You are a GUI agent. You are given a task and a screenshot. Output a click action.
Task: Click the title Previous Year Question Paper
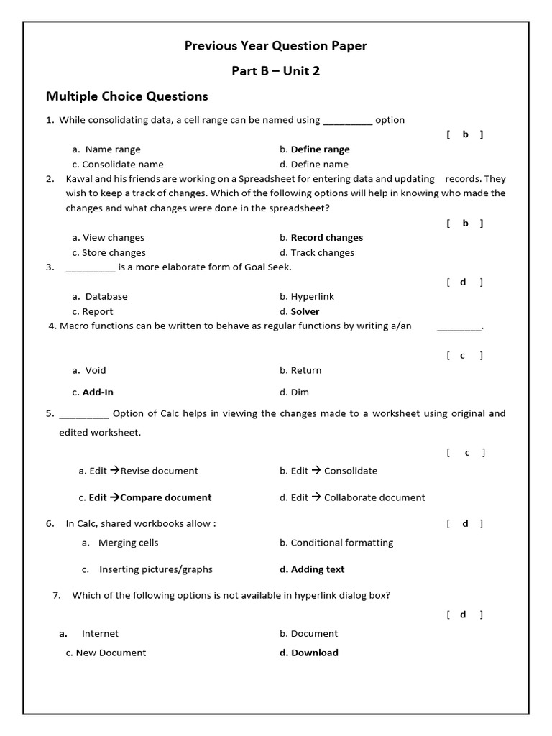(x=275, y=46)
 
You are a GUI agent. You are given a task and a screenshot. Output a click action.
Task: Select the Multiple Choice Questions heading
(x=127, y=96)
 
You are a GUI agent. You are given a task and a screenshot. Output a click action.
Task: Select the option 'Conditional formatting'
(x=336, y=543)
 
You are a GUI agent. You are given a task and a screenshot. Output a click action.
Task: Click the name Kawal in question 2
(x=80, y=179)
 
